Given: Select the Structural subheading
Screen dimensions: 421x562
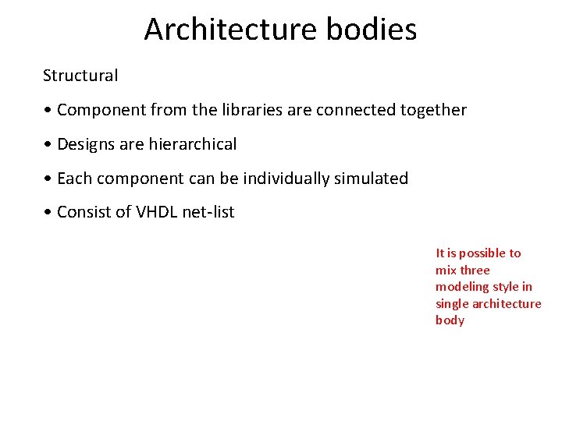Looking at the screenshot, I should [80, 76].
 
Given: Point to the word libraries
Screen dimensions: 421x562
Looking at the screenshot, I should [251, 110].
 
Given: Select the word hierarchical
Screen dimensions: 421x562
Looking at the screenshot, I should [194, 144].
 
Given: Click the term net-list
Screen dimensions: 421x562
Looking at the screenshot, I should [208, 212].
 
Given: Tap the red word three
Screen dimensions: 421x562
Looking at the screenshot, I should [475, 270].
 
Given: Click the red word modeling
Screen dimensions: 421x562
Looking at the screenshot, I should [462, 287].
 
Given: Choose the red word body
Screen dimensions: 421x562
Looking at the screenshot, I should [450, 320].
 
